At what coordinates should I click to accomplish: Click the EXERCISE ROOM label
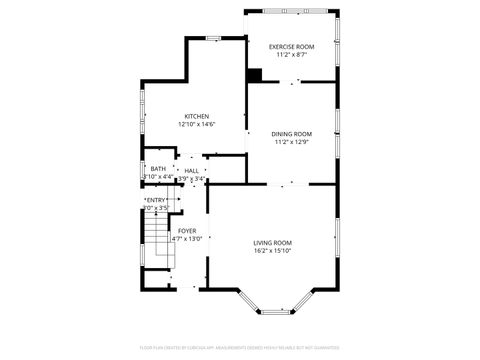[291, 47]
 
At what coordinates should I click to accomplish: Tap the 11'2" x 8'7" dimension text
[291, 55]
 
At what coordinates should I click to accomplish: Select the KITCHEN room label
[196, 116]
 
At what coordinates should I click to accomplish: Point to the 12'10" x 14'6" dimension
[196, 124]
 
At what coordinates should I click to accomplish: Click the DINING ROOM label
[292, 134]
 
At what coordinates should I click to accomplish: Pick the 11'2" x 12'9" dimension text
[292, 142]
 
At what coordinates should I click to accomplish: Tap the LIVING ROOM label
[272, 243]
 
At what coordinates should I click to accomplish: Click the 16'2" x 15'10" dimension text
[272, 251]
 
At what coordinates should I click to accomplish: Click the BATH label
[158, 169]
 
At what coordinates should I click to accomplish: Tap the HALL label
[191, 171]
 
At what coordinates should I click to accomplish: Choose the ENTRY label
[156, 200]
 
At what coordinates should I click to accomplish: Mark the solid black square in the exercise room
[254, 75]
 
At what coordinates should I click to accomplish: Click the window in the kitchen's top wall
[213, 38]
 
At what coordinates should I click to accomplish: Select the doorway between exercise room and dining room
[292, 83]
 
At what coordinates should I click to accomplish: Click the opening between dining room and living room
[287, 184]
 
